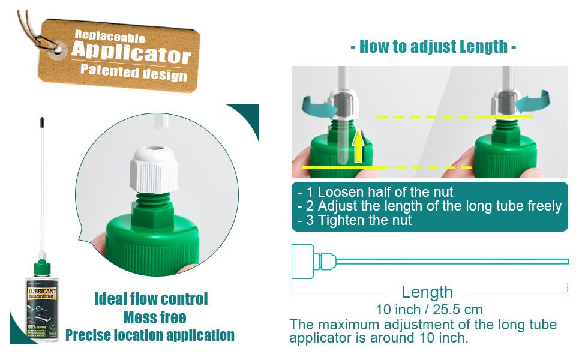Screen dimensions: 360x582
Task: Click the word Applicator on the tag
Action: tap(131, 53)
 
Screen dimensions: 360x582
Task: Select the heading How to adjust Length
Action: tap(433, 47)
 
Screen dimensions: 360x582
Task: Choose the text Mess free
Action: tap(154, 317)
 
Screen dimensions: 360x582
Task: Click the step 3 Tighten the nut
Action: tap(355, 220)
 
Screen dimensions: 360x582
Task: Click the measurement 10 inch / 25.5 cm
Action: tap(429, 310)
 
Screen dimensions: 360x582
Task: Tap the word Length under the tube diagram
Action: tap(427, 292)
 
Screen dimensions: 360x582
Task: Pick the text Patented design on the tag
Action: tap(133, 73)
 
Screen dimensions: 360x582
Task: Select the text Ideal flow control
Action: tap(151, 299)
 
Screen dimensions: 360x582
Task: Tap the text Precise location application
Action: tap(150, 335)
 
